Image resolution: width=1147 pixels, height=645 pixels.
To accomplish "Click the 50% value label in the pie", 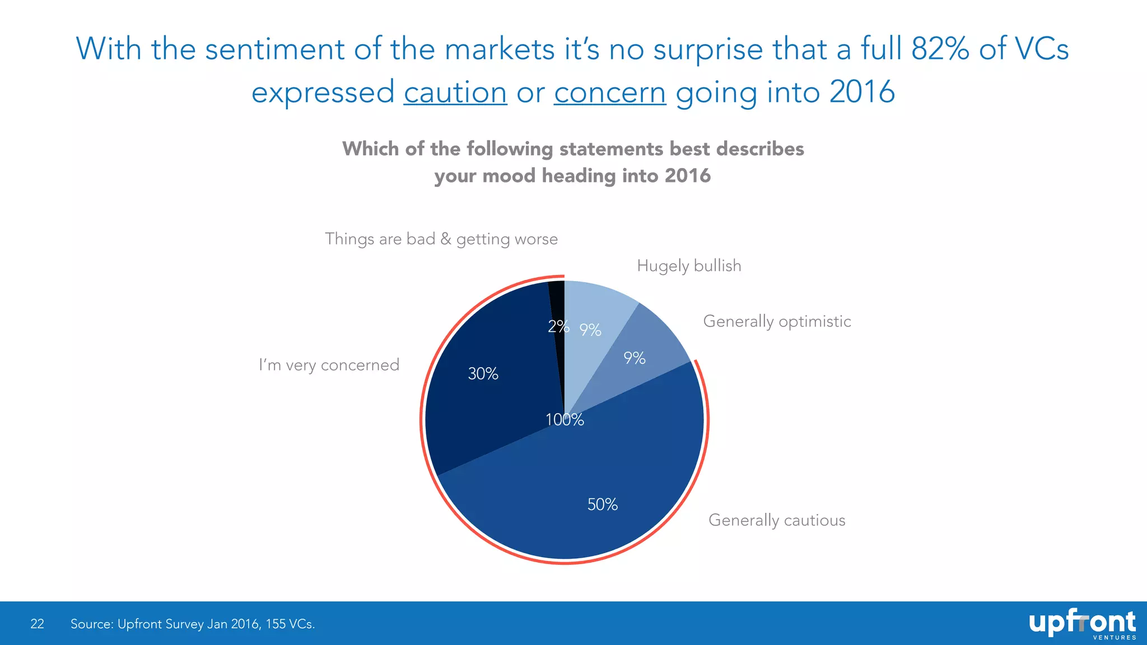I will pyautogui.click(x=602, y=504).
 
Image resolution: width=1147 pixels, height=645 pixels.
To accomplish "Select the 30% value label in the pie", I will pyautogui.click(x=483, y=373).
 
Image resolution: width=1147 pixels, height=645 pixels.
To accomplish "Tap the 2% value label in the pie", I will pyautogui.click(x=558, y=326).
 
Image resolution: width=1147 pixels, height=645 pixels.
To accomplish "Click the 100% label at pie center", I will pyautogui.click(x=565, y=419).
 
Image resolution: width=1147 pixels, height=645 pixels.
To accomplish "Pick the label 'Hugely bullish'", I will pyautogui.click(x=689, y=265).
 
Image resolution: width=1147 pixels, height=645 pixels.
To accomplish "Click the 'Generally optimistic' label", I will pyautogui.click(x=777, y=321).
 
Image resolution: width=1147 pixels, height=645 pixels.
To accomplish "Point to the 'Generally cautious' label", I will pyautogui.click(x=777, y=520).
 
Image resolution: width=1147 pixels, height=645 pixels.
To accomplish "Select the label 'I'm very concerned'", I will pyautogui.click(x=329, y=365).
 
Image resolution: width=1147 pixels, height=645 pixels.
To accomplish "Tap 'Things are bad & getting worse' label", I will pyautogui.click(x=441, y=239).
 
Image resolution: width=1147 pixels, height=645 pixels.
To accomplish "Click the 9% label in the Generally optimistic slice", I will pyautogui.click(x=635, y=358).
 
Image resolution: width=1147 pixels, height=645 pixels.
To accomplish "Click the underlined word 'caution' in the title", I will pyautogui.click(x=455, y=92).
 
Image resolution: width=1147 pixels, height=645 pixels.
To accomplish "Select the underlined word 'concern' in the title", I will pyautogui.click(x=610, y=92).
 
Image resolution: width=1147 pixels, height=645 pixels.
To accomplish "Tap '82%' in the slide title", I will pyautogui.click(x=940, y=49).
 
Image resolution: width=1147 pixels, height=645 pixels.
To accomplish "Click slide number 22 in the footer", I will pyautogui.click(x=37, y=624).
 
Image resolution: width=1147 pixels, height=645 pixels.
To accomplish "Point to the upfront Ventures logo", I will pyautogui.click(x=1081, y=624).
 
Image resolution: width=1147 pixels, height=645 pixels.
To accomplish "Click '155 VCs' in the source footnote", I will pyautogui.click(x=290, y=624).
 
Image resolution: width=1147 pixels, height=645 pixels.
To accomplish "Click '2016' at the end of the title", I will pyautogui.click(x=862, y=92).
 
